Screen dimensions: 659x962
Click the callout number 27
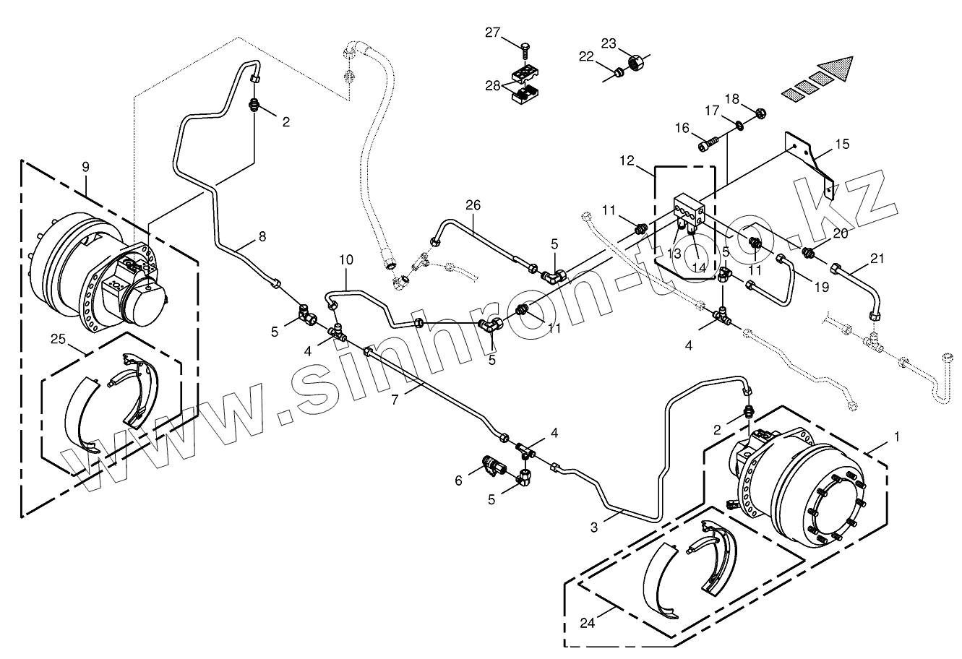tap(492, 32)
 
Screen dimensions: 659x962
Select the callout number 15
tap(842, 145)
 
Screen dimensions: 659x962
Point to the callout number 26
tap(473, 205)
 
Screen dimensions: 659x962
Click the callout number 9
tap(86, 167)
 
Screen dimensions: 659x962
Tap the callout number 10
tap(345, 259)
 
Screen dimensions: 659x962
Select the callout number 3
tap(594, 527)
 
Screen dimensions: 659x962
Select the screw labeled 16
tap(708, 145)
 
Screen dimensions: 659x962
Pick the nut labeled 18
tap(760, 113)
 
